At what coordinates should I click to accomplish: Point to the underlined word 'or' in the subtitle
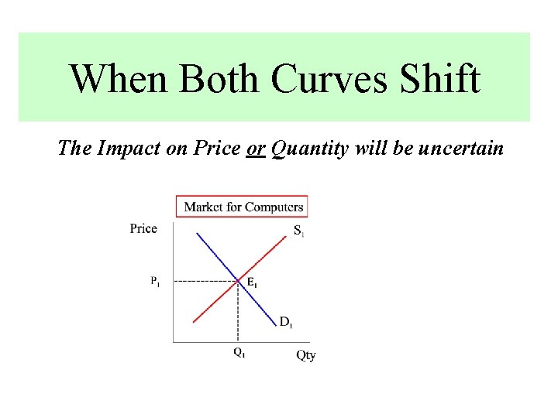256,148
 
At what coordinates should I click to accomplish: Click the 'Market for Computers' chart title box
241,207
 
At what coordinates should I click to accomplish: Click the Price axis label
143,228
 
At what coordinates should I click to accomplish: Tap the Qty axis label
306,356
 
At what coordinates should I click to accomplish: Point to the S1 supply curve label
298,231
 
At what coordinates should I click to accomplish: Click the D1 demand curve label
286,322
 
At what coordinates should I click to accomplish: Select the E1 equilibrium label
252,283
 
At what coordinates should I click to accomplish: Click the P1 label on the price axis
156,281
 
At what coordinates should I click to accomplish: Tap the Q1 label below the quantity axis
239,353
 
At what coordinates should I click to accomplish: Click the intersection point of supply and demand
238,280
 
